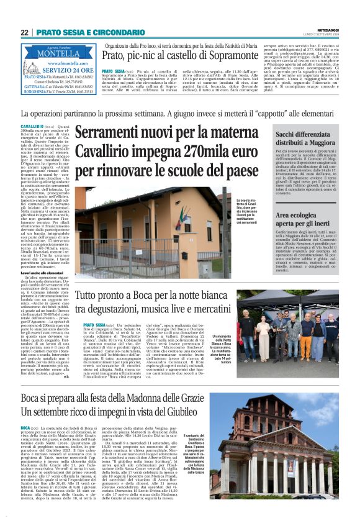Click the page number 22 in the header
tap(25, 32)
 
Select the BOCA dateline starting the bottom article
tap(25, 428)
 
